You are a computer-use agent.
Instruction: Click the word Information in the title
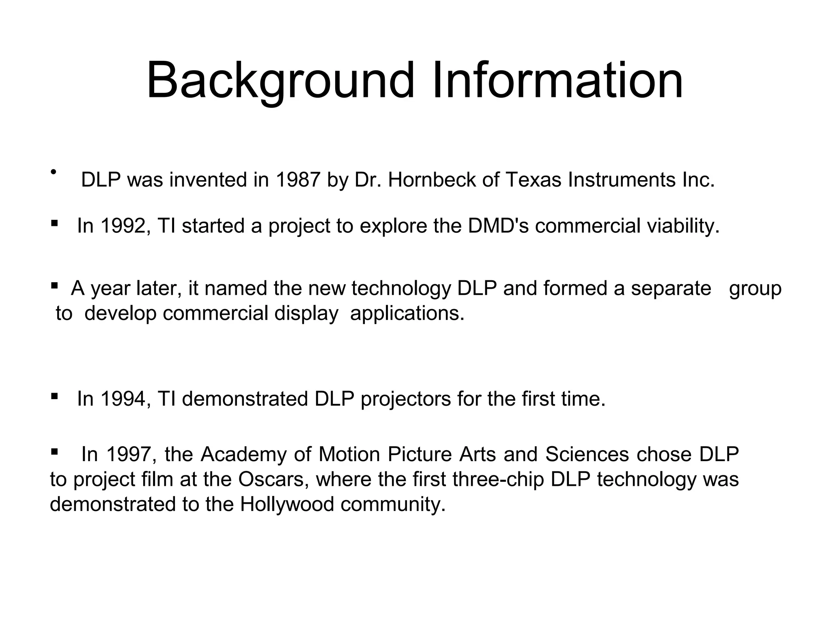(558, 80)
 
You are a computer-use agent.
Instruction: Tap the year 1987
(298, 180)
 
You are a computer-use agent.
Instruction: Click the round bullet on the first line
(53, 172)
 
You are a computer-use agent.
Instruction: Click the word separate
(671, 288)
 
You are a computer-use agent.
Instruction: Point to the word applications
(407, 314)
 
